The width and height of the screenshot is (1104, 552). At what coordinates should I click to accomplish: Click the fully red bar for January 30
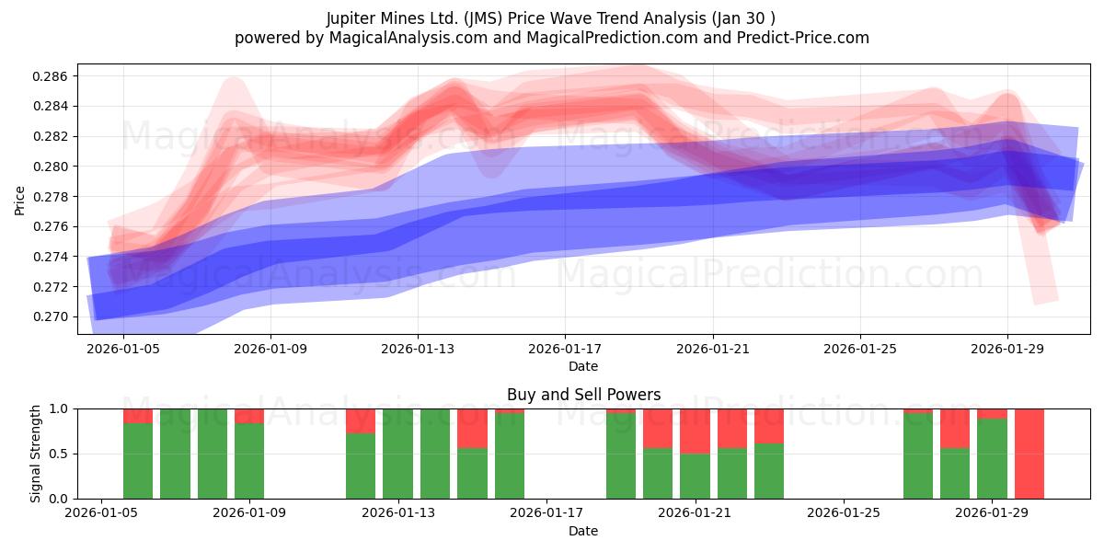(x=1029, y=454)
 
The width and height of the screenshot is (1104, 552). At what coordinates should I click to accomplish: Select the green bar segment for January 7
(x=175, y=454)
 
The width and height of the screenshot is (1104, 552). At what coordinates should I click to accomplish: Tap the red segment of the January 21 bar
(x=695, y=431)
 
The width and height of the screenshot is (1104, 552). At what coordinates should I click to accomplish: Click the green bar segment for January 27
(x=918, y=456)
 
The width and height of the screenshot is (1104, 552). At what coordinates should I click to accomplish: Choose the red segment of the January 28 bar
(x=955, y=428)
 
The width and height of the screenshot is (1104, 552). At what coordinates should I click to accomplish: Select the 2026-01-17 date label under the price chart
(x=564, y=350)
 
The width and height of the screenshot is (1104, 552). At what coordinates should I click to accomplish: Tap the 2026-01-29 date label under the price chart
(x=1007, y=350)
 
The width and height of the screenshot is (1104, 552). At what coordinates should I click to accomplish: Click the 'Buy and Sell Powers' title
(x=583, y=395)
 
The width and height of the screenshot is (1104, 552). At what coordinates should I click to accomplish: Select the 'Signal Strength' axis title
(x=36, y=454)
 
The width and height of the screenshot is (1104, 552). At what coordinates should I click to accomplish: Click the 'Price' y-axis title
(x=20, y=200)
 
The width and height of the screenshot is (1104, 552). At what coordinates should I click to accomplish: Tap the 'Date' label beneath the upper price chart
(x=583, y=366)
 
